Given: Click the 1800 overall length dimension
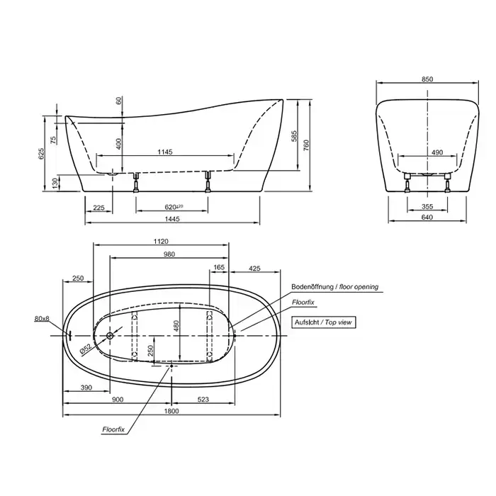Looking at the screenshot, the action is point(171,410).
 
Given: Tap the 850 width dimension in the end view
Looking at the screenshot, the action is point(427,79).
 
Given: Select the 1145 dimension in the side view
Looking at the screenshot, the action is point(165,152).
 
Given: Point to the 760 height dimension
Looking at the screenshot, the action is point(306,145).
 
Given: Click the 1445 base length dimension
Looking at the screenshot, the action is point(172,218).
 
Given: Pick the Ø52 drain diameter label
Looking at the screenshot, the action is point(85,349).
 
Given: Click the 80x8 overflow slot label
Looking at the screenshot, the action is point(42,319).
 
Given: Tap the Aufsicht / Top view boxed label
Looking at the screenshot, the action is point(323,322).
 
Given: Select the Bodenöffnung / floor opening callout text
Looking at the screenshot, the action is point(334,287).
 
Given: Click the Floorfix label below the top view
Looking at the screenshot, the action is point(113,429).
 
